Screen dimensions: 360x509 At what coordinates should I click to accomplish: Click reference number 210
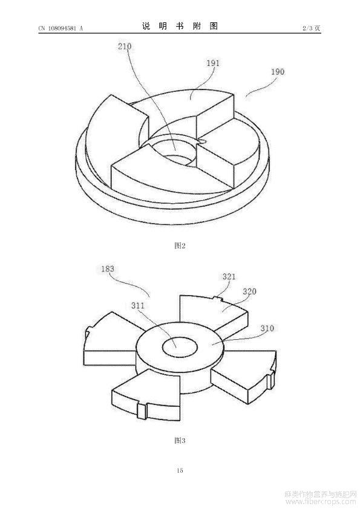[x=125, y=47]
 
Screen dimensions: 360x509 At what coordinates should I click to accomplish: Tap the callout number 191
[x=213, y=63]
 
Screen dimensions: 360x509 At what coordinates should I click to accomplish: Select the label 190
[x=278, y=71]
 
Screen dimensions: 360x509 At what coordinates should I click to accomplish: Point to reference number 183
[x=108, y=269]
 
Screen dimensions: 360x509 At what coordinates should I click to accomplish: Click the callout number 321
[x=229, y=277]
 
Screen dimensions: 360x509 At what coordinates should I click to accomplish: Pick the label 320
[x=249, y=291]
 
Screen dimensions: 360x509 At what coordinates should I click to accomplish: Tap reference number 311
[x=138, y=305]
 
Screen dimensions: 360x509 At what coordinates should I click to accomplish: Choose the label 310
[x=267, y=328]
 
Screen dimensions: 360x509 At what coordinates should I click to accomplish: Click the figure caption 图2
[x=180, y=245]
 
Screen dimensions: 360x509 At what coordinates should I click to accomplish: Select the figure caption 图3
[x=180, y=441]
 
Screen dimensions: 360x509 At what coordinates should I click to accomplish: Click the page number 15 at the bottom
[x=180, y=470]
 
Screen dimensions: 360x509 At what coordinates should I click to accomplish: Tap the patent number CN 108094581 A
[x=61, y=28]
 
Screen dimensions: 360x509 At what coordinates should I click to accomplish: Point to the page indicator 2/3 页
[x=311, y=28]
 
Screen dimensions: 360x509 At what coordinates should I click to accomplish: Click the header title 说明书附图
[x=180, y=26]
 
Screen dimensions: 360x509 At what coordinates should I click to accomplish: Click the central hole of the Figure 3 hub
[x=180, y=347]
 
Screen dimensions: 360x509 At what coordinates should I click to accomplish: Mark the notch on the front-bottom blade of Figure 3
[x=142, y=410]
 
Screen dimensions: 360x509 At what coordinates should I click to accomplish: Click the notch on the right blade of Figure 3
[x=271, y=380]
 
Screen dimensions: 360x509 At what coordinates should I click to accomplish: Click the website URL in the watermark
[x=321, y=503]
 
